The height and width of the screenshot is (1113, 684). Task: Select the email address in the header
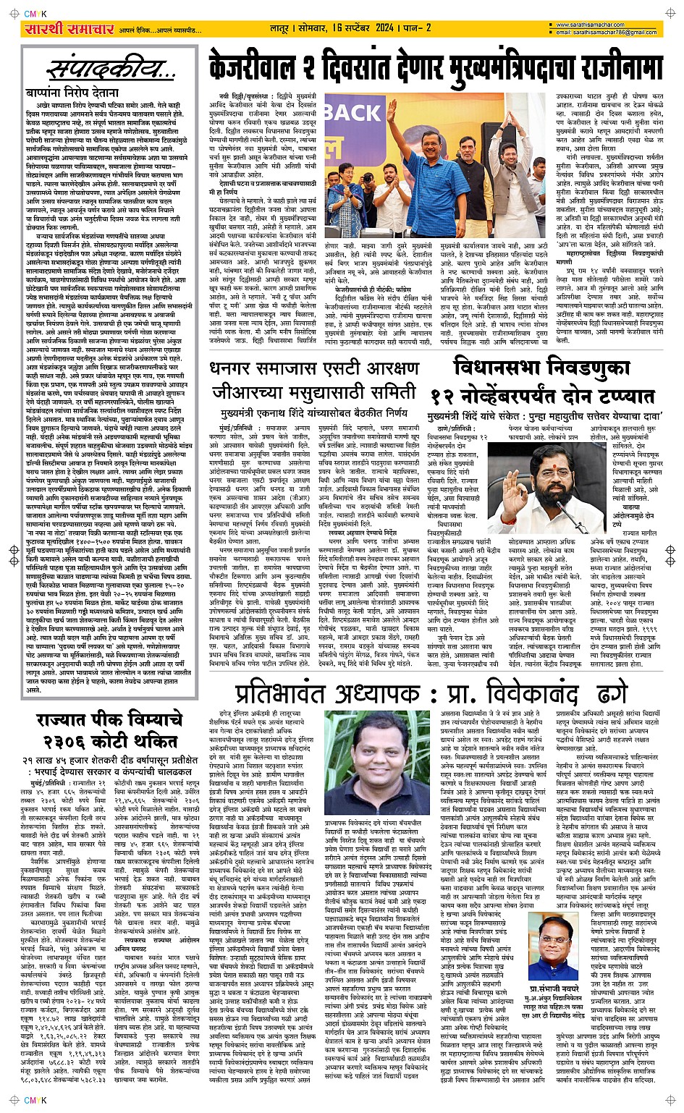[607, 33]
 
